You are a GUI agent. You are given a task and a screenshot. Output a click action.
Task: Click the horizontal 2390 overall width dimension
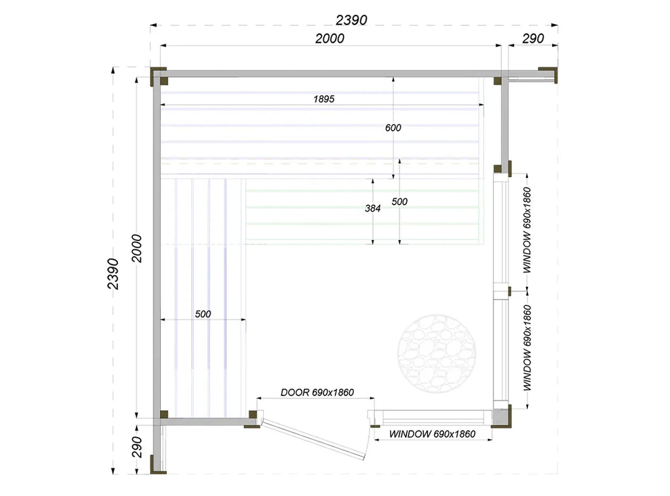351,20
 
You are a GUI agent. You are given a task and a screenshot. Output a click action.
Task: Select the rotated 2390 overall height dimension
113,274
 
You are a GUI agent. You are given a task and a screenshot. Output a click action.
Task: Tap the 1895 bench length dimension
324,99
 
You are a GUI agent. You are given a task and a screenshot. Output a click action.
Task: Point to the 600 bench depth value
393,127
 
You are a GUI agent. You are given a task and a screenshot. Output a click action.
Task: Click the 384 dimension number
372,208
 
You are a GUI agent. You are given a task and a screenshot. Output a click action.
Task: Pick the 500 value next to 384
400,201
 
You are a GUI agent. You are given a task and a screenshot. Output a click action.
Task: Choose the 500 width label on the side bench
203,314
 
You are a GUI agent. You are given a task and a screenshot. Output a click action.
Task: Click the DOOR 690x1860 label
317,392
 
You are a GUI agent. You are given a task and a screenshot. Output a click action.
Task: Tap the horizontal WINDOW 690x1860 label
432,434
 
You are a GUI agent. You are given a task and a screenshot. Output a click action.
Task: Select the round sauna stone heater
436,354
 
